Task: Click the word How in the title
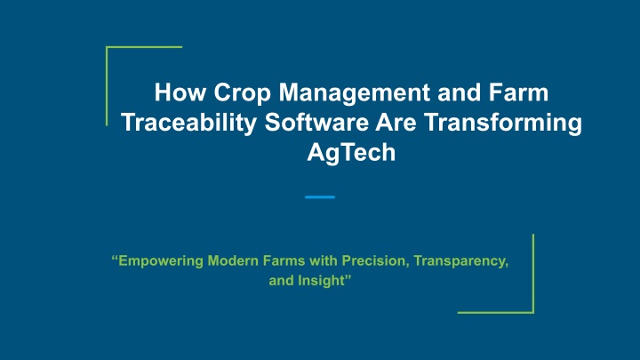(180, 92)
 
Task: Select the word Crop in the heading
(242, 93)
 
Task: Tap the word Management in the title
(355, 93)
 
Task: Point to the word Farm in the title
(519, 92)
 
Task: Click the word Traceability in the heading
(189, 124)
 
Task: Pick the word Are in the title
(396, 122)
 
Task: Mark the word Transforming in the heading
(503, 124)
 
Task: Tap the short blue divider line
(320, 197)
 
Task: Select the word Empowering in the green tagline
(161, 261)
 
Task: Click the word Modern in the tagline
(233, 260)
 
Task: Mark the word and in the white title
(460, 92)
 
